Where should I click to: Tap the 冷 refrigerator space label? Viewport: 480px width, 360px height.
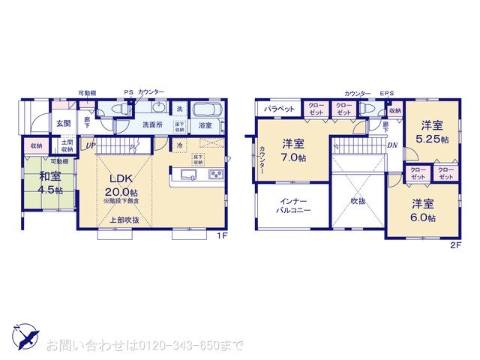(x=179, y=145)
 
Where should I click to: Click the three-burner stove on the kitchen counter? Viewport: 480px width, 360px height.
(x=215, y=175)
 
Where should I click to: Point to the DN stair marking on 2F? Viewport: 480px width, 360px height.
(x=391, y=145)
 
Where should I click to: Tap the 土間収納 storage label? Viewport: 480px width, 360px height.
(x=66, y=145)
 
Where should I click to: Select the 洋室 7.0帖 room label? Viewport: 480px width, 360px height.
(x=293, y=149)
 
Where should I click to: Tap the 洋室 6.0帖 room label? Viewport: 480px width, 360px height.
(x=421, y=209)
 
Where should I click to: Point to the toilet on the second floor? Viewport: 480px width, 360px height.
(x=366, y=109)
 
